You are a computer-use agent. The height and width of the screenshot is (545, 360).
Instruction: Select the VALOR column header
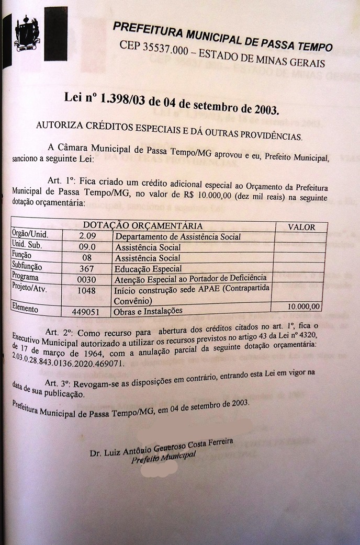302,227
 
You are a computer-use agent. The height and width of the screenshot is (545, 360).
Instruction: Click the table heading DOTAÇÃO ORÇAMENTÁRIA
143,226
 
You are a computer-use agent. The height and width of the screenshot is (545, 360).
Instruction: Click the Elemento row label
25,309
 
